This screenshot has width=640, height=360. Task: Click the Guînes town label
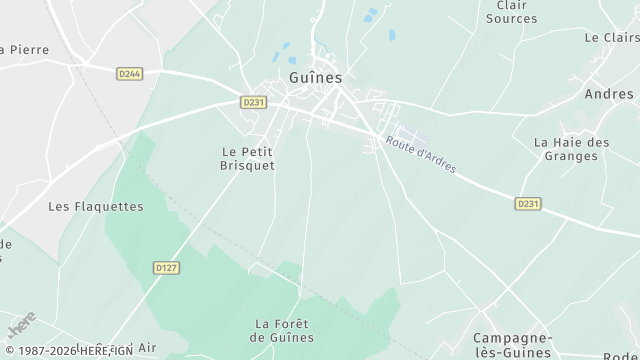(315, 77)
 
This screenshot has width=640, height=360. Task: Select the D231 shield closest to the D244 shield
(254, 101)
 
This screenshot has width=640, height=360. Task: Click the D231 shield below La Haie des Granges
(528, 204)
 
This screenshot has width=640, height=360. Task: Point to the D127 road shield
(166, 267)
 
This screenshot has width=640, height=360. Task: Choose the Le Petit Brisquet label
(248, 158)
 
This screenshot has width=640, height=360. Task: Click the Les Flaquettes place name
(96, 207)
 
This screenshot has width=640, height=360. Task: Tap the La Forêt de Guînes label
(283, 331)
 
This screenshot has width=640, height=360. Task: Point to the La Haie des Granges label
(572, 149)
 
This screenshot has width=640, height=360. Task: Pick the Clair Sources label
(511, 12)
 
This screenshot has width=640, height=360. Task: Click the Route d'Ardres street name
(421, 155)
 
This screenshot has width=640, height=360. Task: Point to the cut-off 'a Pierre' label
(24, 49)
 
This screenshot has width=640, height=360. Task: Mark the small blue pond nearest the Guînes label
(286, 46)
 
